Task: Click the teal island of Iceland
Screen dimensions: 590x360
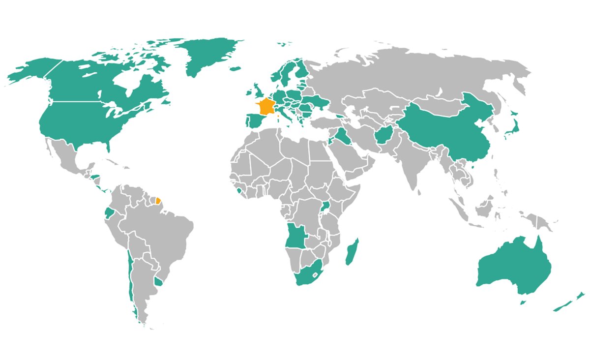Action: pyautogui.click(x=235, y=68)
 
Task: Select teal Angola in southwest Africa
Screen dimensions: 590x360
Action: pyautogui.click(x=295, y=236)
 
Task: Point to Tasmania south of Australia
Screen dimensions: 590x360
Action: pyautogui.click(x=524, y=301)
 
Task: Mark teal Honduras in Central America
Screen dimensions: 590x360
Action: pyautogui.click(x=95, y=177)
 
